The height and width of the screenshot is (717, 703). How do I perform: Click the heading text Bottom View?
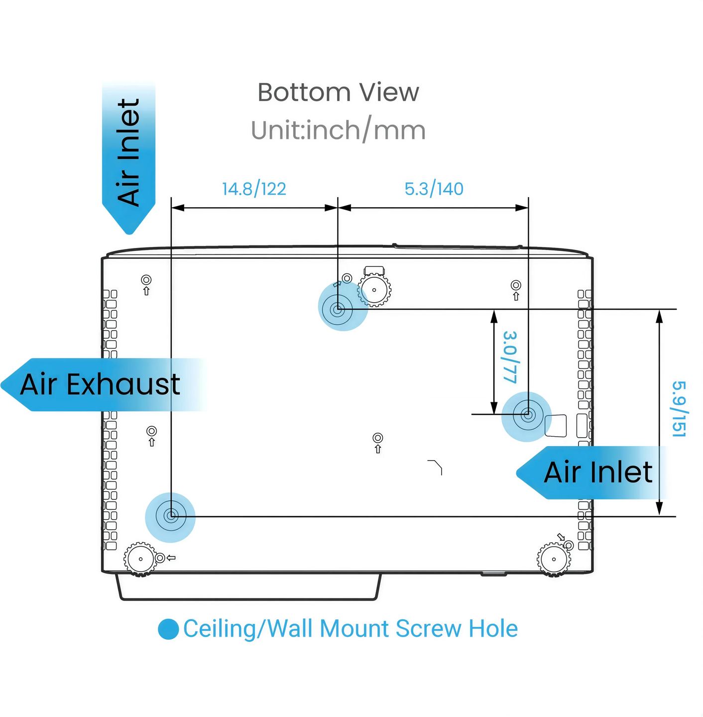point(338,92)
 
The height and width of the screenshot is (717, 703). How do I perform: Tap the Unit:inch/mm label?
point(338,130)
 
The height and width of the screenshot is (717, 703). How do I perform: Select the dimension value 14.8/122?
point(254,189)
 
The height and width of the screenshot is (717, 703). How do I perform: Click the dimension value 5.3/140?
point(434,189)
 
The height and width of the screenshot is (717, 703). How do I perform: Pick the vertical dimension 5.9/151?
point(679,409)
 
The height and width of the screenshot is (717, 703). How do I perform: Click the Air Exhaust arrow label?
point(101,384)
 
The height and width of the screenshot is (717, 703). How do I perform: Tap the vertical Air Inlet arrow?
point(128,158)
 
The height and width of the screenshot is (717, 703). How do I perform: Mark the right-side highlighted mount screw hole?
point(526,414)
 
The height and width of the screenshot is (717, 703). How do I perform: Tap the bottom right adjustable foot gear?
point(554,559)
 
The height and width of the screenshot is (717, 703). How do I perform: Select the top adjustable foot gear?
point(374,290)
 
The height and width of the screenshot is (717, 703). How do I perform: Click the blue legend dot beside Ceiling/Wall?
point(168,629)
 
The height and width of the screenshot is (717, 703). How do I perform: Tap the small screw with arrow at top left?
point(146,285)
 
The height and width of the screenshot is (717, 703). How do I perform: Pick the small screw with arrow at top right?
point(516,290)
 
